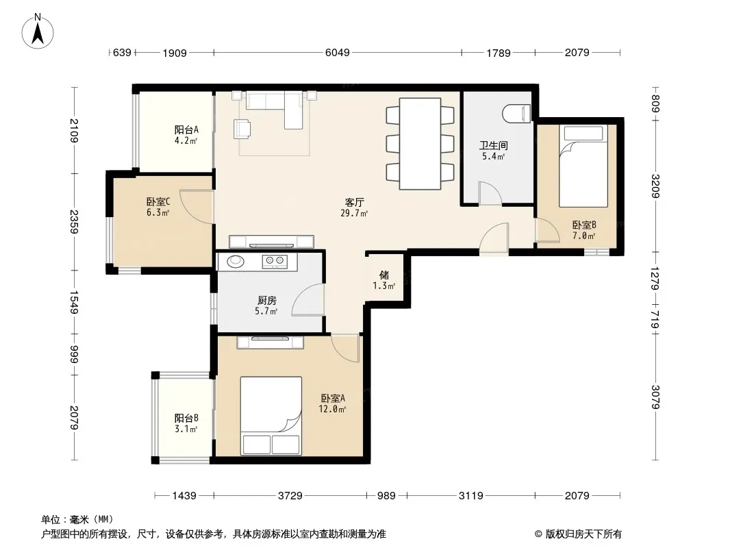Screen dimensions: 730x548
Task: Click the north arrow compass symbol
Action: [x=38, y=32]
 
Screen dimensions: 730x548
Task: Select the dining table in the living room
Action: [x=420, y=143]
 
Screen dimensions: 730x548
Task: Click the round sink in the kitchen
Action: [x=236, y=261]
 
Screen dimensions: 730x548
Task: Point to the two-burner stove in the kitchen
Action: [x=274, y=261]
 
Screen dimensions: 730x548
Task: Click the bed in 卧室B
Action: [x=583, y=166]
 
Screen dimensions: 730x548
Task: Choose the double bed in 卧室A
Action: [x=271, y=415]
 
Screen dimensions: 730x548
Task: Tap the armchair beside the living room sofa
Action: [x=242, y=129]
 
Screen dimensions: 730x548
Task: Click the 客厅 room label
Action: [x=354, y=203]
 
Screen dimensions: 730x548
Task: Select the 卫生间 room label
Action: [x=494, y=145]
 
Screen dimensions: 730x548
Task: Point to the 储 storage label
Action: [x=384, y=275]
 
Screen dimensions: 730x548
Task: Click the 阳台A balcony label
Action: [x=186, y=129]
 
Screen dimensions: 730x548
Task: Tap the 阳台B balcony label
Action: [x=186, y=418]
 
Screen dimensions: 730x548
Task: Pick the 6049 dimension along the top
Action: [x=337, y=52]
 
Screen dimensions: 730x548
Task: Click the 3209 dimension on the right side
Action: [x=655, y=186]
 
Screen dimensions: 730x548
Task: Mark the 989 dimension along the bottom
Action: [x=386, y=495]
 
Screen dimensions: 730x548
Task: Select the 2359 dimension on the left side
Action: [x=73, y=222]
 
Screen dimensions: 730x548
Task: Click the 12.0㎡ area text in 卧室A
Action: [x=332, y=409]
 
